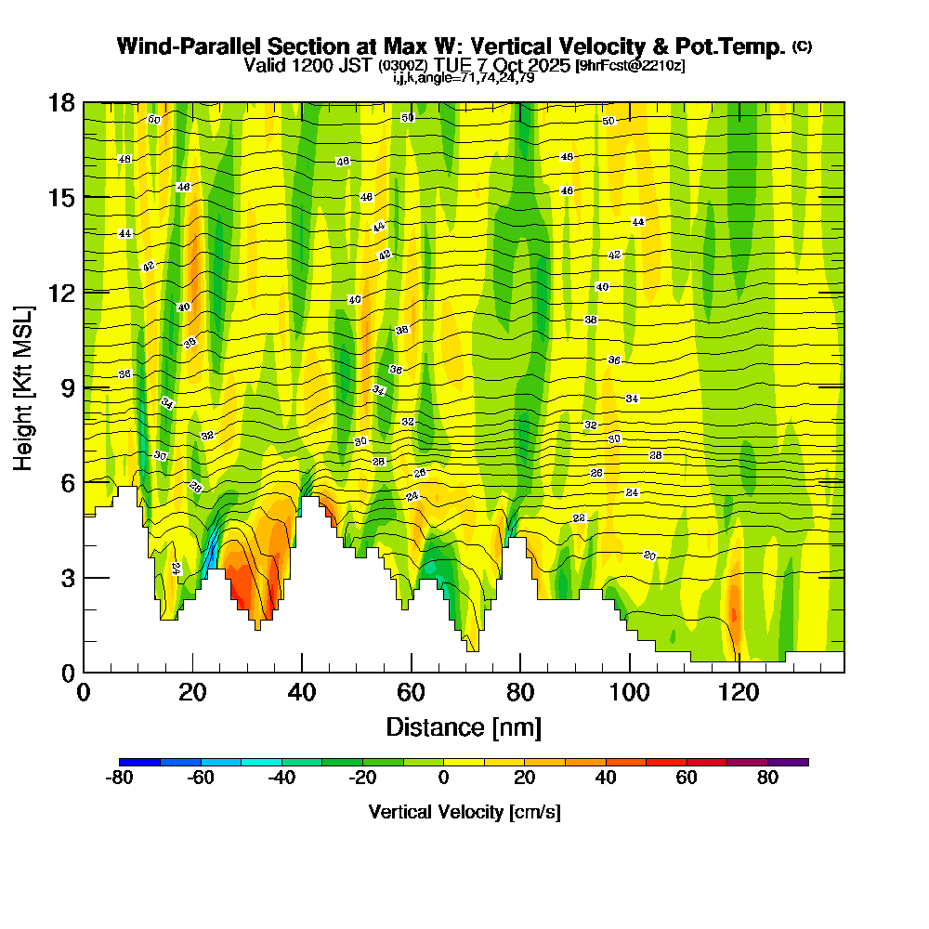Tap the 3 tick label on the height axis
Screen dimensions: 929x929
click(67, 578)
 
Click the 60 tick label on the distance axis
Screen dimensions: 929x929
click(411, 692)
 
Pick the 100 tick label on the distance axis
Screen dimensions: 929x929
click(630, 692)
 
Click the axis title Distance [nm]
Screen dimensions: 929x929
click(464, 726)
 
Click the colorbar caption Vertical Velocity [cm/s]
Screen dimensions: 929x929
click(464, 812)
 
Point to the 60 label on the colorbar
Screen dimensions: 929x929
click(687, 779)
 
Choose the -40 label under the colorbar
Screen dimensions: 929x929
click(281, 779)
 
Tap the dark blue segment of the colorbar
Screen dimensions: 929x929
click(139, 762)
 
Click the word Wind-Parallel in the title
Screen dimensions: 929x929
click(187, 46)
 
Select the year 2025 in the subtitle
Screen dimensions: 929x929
click(548, 66)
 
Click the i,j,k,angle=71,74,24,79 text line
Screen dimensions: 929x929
click(464, 77)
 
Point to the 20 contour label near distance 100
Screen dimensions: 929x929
click(649, 556)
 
